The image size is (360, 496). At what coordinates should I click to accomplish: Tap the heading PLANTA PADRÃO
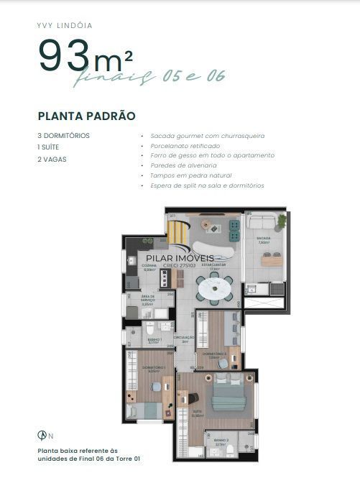[x=86, y=115]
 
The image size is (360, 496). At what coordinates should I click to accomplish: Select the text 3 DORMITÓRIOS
[x=64, y=135]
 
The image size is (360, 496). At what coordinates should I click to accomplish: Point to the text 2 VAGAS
[x=52, y=159]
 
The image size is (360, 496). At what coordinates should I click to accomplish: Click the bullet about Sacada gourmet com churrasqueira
[x=198, y=135]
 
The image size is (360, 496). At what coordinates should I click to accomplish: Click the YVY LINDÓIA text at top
[x=64, y=25]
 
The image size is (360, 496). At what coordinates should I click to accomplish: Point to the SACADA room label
[x=263, y=239]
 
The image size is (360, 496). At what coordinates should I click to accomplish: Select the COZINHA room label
[x=149, y=267]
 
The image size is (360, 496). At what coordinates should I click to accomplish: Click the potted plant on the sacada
[x=281, y=220]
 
